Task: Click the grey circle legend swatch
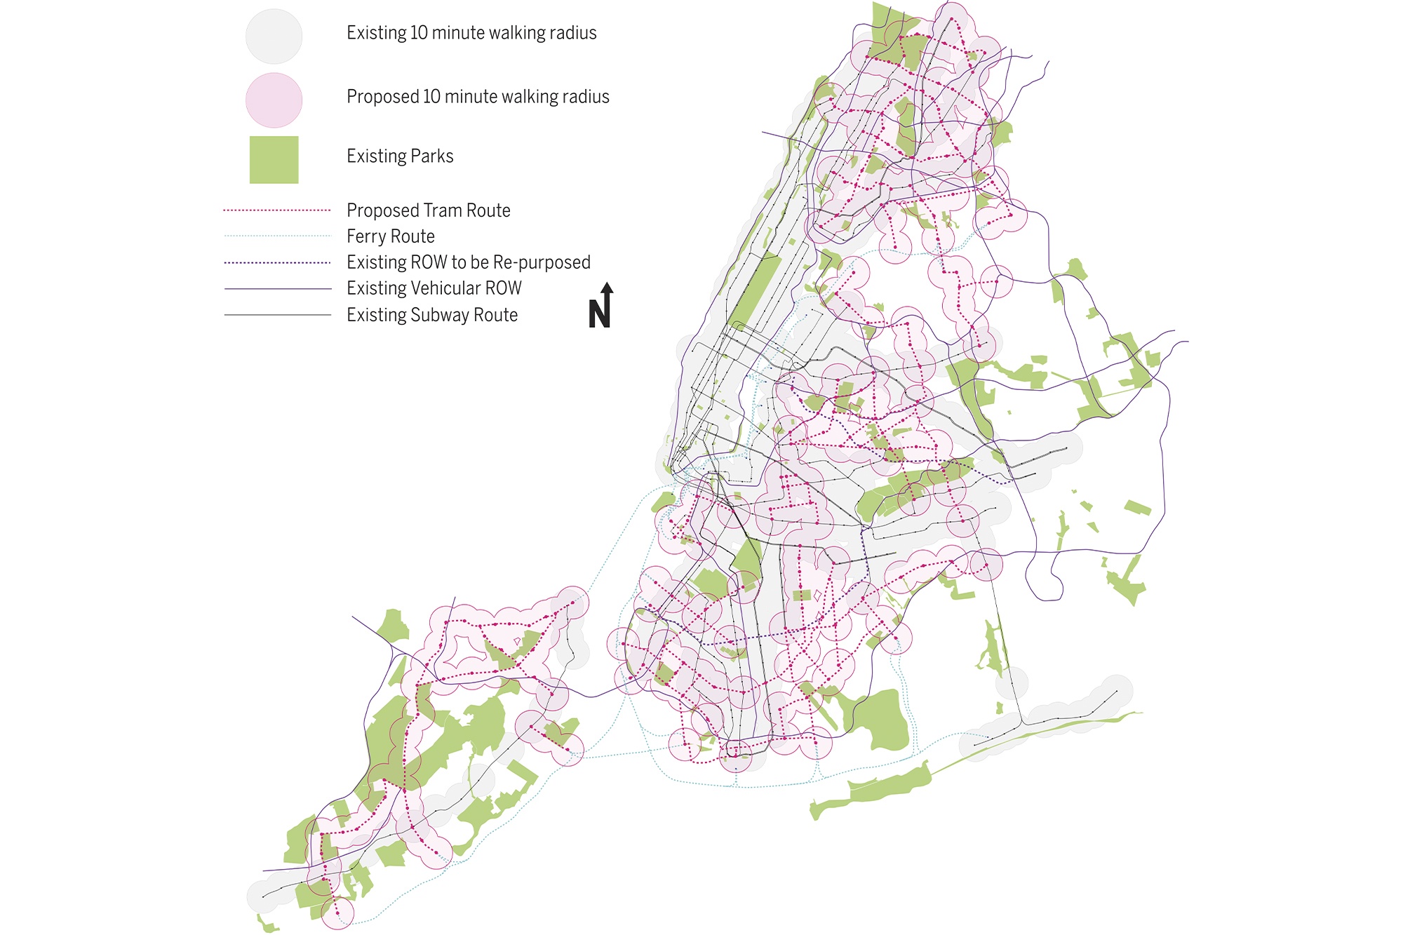pyautogui.click(x=274, y=36)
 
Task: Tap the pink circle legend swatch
pyautogui.click(x=274, y=100)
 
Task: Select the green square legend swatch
pyautogui.click(x=274, y=160)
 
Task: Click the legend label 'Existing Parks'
pyautogui.click(x=400, y=156)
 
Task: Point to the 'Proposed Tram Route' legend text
pyautogui.click(x=428, y=210)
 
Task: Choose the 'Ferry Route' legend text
pyautogui.click(x=390, y=236)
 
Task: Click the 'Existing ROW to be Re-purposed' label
pyautogui.click(x=468, y=262)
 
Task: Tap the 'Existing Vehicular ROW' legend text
pyautogui.click(x=434, y=288)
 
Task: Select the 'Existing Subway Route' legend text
pyautogui.click(x=431, y=315)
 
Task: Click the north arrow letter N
pyautogui.click(x=599, y=314)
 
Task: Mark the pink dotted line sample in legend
pyautogui.click(x=277, y=210)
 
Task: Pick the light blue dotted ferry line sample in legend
pyautogui.click(x=277, y=236)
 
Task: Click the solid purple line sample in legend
pyautogui.click(x=277, y=288)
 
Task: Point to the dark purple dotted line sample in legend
pyautogui.click(x=277, y=263)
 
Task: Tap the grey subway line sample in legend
pyautogui.click(x=277, y=315)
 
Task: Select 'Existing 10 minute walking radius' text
pyautogui.click(x=471, y=33)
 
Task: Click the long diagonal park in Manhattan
pyautogui.click(x=756, y=291)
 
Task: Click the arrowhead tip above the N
pyautogui.click(x=607, y=284)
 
